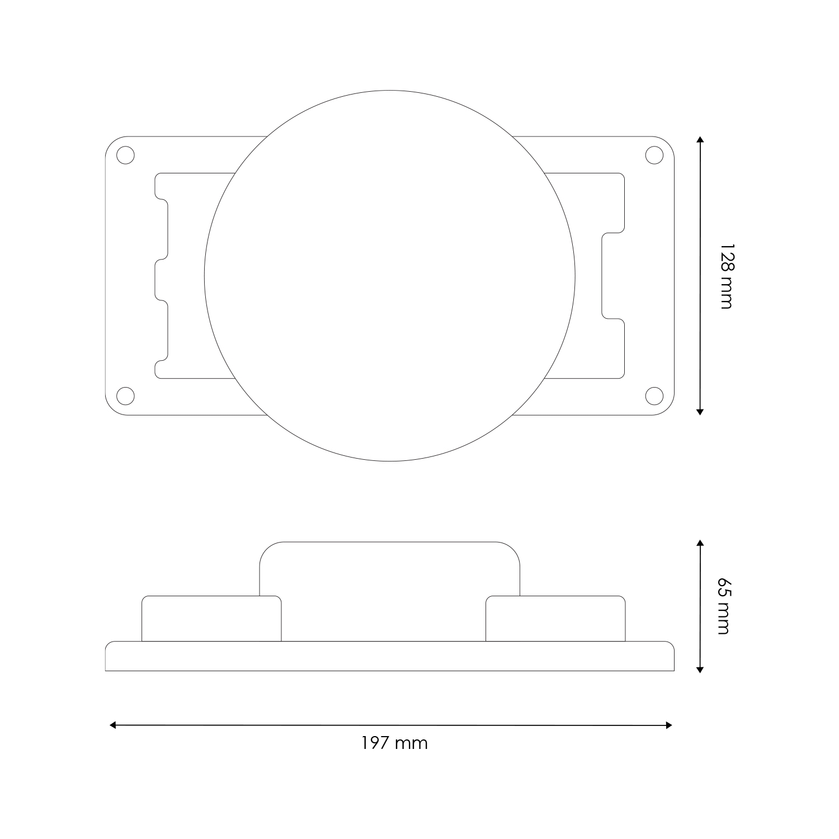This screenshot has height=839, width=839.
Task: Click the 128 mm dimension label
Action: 725,276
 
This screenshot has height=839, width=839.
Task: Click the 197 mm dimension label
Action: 394,743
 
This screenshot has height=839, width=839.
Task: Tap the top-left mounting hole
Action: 126,155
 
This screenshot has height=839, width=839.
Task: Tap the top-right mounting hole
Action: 654,155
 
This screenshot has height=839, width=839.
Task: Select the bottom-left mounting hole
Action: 126,395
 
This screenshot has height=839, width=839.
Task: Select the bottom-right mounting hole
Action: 654,395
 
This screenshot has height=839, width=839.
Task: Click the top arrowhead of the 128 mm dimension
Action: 700,140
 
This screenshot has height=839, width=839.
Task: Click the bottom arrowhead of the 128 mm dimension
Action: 700,412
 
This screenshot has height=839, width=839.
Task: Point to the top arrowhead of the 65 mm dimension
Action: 700,543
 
